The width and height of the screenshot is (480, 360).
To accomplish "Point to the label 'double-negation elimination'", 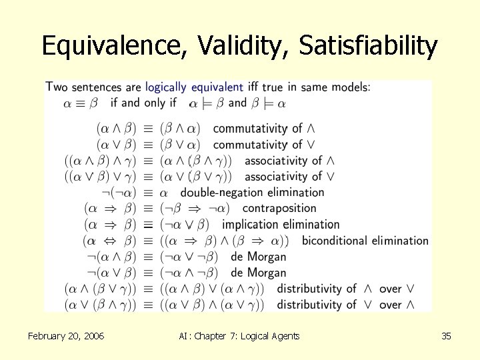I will coord(252,193).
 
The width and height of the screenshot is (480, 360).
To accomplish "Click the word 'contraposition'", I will coord(279,209).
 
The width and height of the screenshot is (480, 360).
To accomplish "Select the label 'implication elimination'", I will coord(280,225).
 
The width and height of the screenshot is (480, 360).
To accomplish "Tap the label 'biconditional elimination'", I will coord(365,241).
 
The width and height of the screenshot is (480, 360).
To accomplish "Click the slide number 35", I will coord(446,336).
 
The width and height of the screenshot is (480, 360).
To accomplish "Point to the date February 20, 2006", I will coord(66,336).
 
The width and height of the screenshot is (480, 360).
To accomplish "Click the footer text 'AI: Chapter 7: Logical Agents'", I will coord(239,336).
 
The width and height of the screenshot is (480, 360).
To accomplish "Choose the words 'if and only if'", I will coord(143,103).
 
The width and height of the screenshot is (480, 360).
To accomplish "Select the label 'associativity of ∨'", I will coord(289,177).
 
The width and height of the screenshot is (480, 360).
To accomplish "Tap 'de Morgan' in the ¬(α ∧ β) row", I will coord(258,257).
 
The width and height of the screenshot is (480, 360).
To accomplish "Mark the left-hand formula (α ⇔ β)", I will coord(109,241).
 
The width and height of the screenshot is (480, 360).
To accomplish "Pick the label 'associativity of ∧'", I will coord(289,161).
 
